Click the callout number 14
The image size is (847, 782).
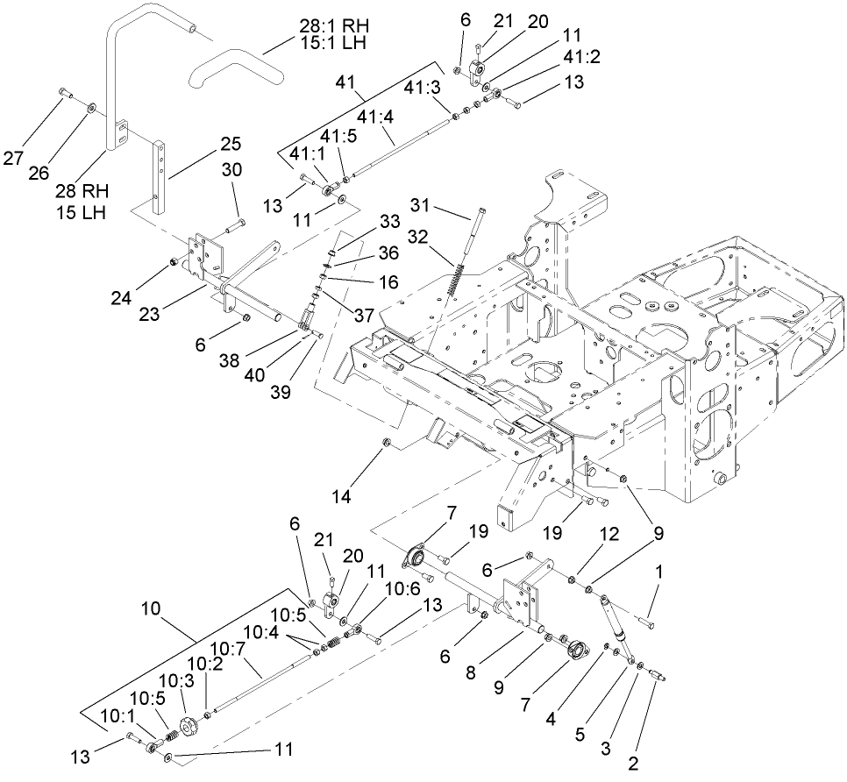(x=341, y=496)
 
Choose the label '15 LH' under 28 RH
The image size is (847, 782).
(x=76, y=213)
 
